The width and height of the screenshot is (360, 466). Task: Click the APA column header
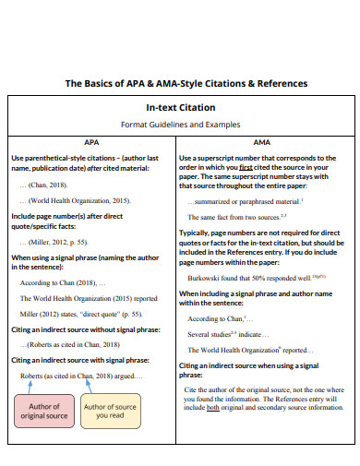pyautogui.click(x=92, y=142)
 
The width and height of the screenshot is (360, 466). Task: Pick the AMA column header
pyautogui.click(x=261, y=142)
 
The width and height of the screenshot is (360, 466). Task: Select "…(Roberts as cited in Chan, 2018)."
pyautogui.click(x=77, y=345)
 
